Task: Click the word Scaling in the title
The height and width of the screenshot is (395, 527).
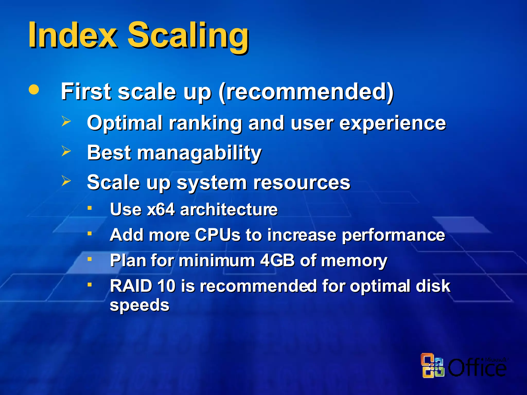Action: [188, 36]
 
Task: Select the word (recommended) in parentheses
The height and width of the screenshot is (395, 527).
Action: [306, 92]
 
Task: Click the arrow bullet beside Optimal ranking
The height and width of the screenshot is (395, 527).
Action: [66, 121]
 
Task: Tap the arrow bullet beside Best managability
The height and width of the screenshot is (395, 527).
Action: [66, 151]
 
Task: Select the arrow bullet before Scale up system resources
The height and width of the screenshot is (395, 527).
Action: [66, 181]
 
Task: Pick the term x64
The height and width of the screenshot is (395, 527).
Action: [161, 209]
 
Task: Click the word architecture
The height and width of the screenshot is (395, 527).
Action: [229, 209]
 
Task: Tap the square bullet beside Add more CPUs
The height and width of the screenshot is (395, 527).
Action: [90, 234]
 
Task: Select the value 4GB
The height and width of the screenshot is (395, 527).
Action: [277, 260]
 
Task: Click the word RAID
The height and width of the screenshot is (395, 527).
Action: [131, 286]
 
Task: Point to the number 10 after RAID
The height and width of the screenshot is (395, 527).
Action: [166, 286]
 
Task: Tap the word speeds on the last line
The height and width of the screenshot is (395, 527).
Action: [139, 305]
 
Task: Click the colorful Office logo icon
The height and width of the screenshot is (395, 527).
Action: [432, 365]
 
